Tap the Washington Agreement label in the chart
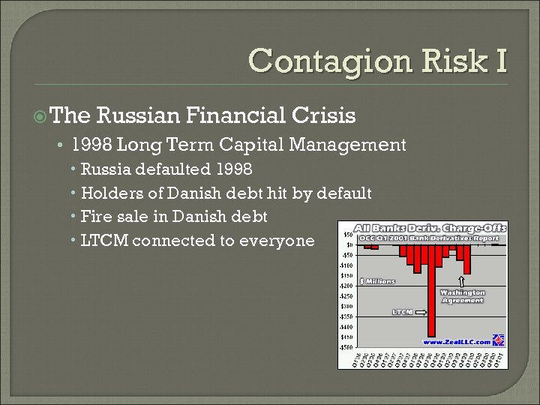pyautogui.click(x=462, y=296)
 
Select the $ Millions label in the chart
pyautogui.click(x=377, y=280)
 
